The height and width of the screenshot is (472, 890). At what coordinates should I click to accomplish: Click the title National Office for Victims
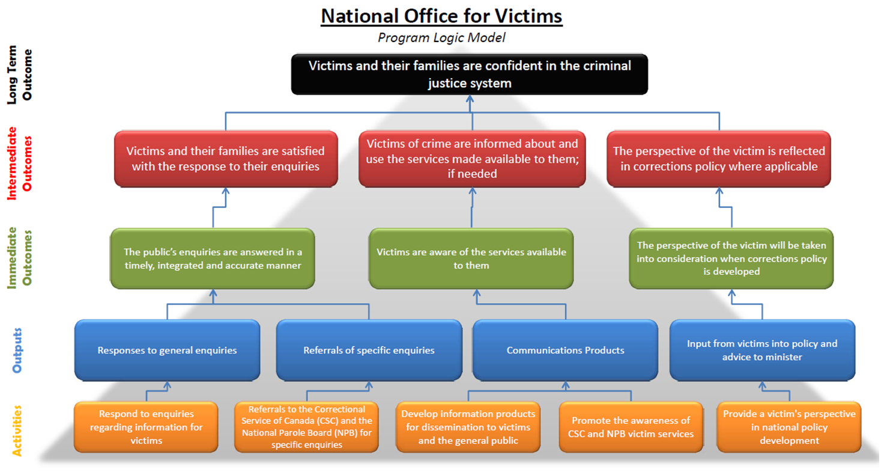[441, 16]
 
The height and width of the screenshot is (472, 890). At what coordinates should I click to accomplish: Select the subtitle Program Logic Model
[441, 38]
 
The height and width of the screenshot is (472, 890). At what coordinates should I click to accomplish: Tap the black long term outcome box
[470, 74]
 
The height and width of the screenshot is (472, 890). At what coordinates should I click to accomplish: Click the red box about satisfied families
[226, 158]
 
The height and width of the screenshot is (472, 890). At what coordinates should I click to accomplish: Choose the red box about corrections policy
[719, 158]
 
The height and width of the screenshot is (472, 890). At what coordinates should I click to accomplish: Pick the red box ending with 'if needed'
[472, 158]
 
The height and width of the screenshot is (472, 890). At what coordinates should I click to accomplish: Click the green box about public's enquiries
[213, 258]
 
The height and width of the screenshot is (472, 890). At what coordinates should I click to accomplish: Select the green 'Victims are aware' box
[471, 258]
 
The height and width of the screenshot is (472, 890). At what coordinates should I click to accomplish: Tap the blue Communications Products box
[565, 350]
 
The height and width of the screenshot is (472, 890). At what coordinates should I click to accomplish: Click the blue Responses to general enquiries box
[167, 350]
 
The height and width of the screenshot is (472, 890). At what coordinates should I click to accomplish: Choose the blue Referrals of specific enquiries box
[369, 350]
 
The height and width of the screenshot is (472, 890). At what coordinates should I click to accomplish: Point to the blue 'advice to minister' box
[762, 350]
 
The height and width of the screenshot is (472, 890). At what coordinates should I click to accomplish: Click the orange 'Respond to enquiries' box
[147, 427]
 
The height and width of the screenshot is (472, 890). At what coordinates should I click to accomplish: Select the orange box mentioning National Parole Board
[306, 427]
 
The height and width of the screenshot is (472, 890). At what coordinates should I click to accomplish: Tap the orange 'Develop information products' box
[468, 427]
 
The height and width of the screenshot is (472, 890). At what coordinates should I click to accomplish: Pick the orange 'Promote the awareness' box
[631, 427]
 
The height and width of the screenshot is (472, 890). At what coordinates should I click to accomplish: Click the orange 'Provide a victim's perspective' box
[789, 427]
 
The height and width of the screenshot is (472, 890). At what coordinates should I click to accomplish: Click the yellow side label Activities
[19, 431]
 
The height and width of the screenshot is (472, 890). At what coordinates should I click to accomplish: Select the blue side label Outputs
[19, 350]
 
